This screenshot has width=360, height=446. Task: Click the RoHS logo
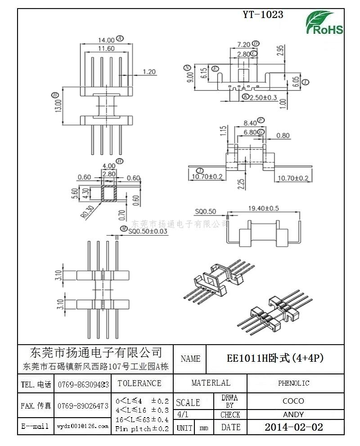click(x=324, y=23)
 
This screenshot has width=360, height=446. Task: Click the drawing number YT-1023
click(x=263, y=15)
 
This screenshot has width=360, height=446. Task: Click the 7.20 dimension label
click(x=243, y=44)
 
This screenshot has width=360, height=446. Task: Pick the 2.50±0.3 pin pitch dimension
click(x=263, y=97)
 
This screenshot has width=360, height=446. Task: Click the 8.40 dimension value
click(x=250, y=123)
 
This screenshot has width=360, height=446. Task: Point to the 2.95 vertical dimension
click(x=279, y=51)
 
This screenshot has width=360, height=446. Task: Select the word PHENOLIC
click(x=293, y=383)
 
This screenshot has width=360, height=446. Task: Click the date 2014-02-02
click(x=293, y=427)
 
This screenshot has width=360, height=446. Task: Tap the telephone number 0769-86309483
click(x=83, y=385)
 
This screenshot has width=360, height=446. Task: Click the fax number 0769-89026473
click(x=83, y=406)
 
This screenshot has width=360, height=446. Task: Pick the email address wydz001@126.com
click(x=83, y=426)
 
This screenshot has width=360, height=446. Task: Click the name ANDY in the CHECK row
click(x=293, y=414)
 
